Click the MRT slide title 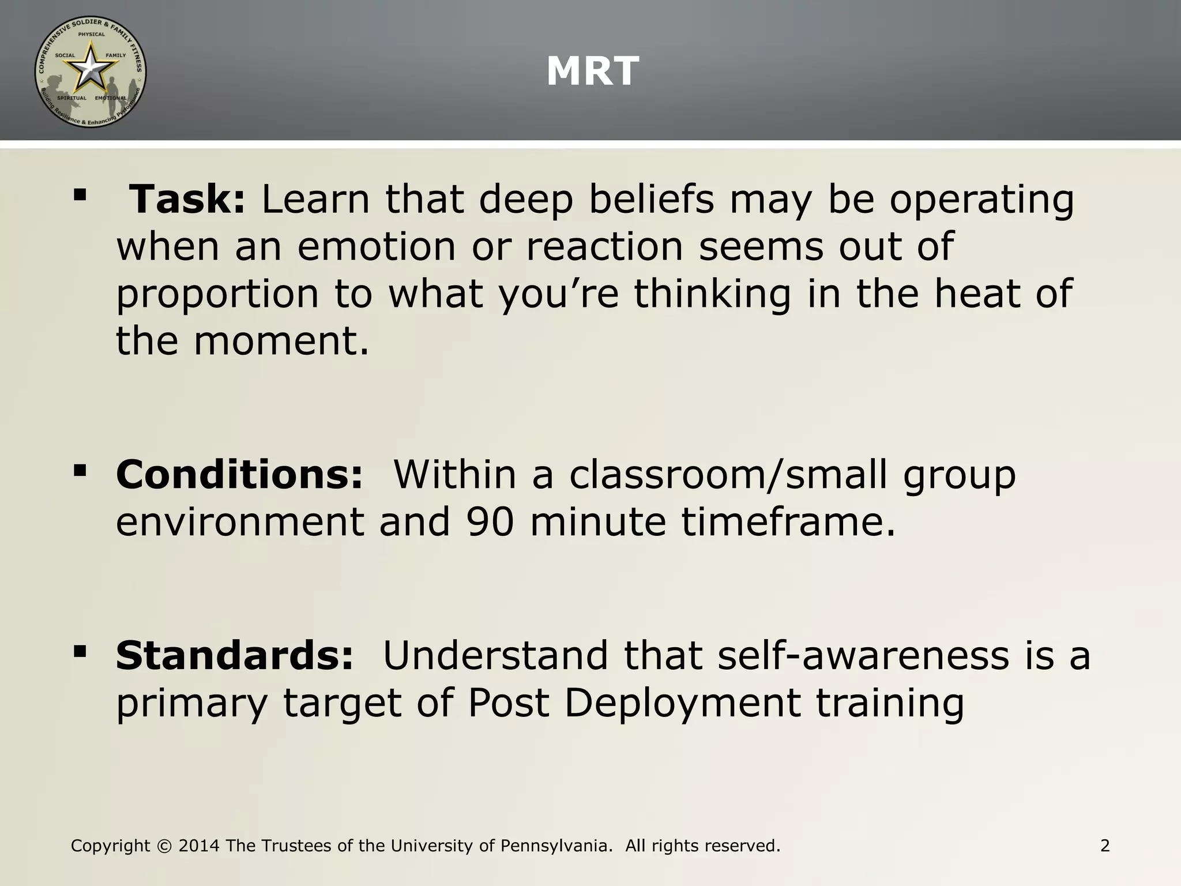click(592, 72)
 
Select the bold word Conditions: click(239, 474)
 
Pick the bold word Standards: click(234, 655)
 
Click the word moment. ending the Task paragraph click(281, 341)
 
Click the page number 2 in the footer click(1105, 846)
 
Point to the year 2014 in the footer click(199, 846)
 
